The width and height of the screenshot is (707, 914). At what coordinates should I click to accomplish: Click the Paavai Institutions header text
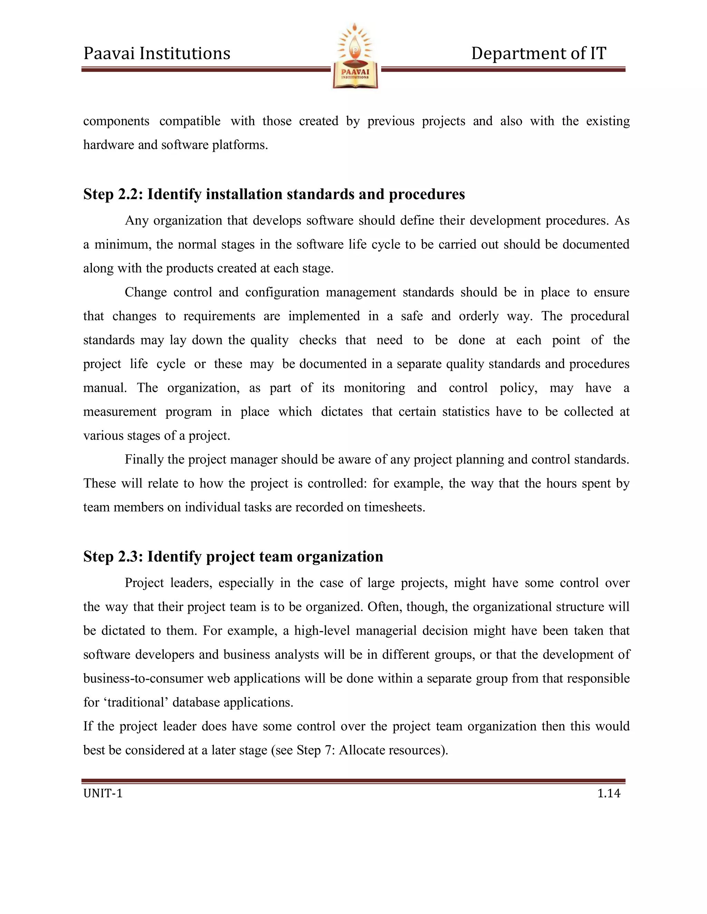point(157,53)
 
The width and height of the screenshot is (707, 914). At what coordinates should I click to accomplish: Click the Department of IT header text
point(538,53)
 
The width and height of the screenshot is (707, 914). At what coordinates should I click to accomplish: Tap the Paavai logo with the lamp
point(355,56)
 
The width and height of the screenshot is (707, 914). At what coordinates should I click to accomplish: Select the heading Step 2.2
point(274,194)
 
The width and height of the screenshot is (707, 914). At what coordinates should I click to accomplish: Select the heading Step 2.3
point(233,557)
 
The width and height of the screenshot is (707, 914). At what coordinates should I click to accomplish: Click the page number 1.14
point(609,794)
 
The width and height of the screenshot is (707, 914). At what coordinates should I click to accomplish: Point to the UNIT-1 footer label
point(103,794)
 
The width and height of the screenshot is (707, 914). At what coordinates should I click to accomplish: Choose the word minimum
point(122,245)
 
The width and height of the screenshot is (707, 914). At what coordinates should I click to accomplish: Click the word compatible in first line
point(190,121)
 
